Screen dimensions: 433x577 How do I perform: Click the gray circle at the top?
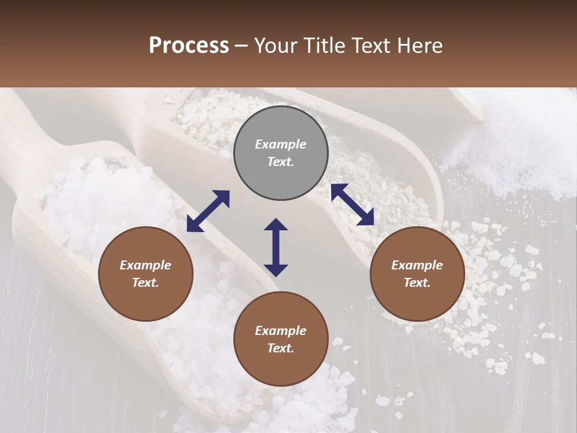pyautogui.click(x=281, y=153)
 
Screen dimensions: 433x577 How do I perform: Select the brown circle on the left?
pyautogui.click(x=145, y=274)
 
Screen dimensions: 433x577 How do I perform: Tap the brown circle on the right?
pyautogui.click(x=417, y=274)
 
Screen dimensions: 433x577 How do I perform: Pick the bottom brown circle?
pyautogui.click(x=281, y=339)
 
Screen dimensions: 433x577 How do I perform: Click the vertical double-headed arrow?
pyautogui.click(x=276, y=247)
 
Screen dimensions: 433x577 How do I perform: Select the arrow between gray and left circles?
pyautogui.click(x=208, y=211)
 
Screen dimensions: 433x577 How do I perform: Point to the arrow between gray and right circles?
pyautogui.click(x=352, y=204)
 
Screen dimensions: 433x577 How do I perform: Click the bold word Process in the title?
pyautogui.click(x=189, y=46)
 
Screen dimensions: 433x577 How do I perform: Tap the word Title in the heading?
pyautogui.click(x=323, y=46)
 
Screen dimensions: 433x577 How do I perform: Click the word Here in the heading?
pyautogui.click(x=421, y=46)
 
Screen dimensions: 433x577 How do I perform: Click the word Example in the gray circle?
pyautogui.click(x=281, y=144)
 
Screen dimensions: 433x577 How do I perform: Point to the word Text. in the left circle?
pyautogui.click(x=145, y=283)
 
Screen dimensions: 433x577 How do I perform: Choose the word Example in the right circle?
pyautogui.click(x=417, y=265)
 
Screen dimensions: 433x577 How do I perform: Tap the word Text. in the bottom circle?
pyautogui.click(x=281, y=348)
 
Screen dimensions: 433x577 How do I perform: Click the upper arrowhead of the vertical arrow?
pyautogui.click(x=276, y=225)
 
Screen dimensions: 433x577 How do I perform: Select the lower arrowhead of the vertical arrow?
pyautogui.click(x=276, y=270)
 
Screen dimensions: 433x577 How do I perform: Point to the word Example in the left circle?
pyautogui.click(x=145, y=265)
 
